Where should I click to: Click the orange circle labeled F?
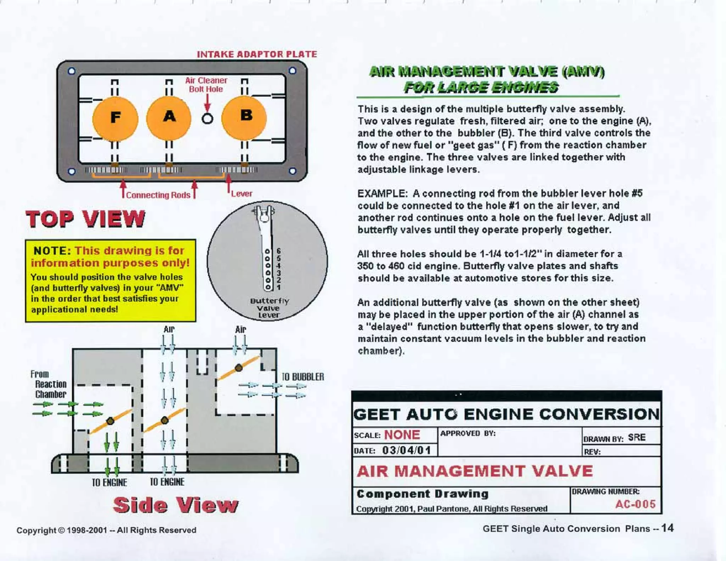coord(115,118)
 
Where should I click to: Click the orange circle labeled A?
coord(169,117)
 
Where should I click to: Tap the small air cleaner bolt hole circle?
coord(207,118)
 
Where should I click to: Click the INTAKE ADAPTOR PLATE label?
coord(257,54)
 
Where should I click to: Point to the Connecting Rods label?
coord(158,195)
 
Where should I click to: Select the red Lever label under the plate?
coord(241,194)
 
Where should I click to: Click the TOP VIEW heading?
coord(85,218)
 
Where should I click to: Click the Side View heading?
coord(175,505)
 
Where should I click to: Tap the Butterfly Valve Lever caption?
coord(269,307)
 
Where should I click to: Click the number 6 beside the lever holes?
coord(279,251)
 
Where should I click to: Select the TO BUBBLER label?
coord(303,377)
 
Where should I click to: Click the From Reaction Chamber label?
coord(49,384)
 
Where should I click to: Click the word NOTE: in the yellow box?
coord(52,251)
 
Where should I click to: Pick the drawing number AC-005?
coord(635,504)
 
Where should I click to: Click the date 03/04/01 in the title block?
coord(406,450)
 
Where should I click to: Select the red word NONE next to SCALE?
coord(402,435)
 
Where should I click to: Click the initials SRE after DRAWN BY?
coord(637,437)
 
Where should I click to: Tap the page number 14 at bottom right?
coord(667,528)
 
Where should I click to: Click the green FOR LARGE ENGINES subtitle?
coord(481,87)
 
